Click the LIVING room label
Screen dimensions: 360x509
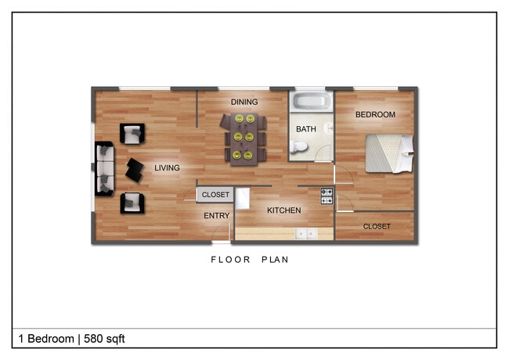click(x=166, y=167)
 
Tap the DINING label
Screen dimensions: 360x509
click(x=244, y=102)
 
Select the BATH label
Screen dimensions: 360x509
click(x=305, y=128)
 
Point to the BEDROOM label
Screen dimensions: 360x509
click(x=375, y=114)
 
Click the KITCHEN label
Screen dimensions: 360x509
click(x=283, y=211)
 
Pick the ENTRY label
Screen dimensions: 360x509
click(x=216, y=216)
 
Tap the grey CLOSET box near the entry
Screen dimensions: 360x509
click(x=215, y=195)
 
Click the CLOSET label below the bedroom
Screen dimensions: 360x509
click(x=377, y=227)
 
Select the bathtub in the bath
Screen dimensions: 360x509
click(x=311, y=102)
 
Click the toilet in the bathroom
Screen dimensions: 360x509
click(x=298, y=147)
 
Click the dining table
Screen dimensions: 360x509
click(x=243, y=137)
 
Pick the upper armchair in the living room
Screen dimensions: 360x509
click(x=131, y=133)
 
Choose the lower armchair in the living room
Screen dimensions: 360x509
click(x=131, y=203)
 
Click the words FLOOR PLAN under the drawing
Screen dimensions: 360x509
click(x=250, y=260)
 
